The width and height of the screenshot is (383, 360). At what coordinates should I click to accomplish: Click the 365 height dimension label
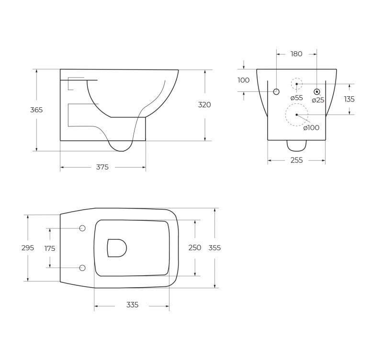(x=36, y=110)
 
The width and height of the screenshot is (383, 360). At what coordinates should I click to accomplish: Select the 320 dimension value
(x=204, y=105)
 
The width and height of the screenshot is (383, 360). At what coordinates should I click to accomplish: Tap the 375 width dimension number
(x=102, y=167)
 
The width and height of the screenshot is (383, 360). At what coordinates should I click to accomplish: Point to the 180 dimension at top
(x=296, y=54)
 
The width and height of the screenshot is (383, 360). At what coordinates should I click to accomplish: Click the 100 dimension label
(x=244, y=80)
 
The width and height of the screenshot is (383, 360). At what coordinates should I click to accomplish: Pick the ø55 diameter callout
(x=296, y=98)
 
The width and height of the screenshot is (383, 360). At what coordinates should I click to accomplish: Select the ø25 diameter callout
(x=318, y=100)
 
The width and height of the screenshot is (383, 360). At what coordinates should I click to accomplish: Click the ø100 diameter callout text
(x=311, y=127)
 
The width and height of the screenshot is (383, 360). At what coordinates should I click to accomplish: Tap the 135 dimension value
(x=349, y=99)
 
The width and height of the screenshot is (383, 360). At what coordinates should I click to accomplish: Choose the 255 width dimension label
(x=296, y=160)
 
